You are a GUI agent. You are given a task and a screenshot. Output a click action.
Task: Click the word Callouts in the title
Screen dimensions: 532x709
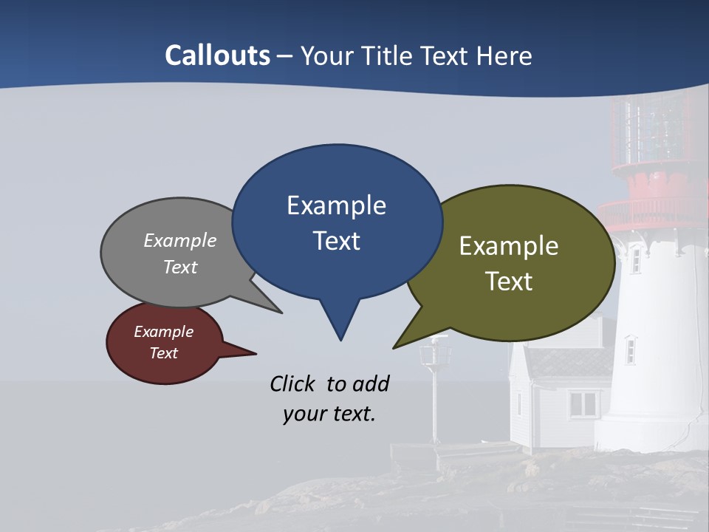(x=217, y=55)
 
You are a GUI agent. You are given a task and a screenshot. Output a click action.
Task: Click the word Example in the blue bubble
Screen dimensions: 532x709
(x=336, y=205)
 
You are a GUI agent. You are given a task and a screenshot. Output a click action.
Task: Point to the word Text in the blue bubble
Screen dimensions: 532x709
(x=336, y=241)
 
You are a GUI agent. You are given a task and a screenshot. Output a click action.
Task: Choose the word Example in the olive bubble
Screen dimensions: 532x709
(x=509, y=245)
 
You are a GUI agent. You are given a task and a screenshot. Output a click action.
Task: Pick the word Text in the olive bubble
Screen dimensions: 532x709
(x=509, y=281)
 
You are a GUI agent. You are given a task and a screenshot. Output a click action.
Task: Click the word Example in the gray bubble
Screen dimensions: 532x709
(x=180, y=240)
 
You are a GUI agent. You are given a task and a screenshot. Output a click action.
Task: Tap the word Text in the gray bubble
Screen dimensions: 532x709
(x=180, y=267)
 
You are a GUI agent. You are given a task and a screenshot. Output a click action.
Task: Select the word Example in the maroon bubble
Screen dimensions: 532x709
(x=163, y=332)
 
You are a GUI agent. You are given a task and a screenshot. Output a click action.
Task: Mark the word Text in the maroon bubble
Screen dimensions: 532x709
(x=163, y=353)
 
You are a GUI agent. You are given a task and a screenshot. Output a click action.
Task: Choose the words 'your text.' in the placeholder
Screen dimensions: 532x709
(x=329, y=414)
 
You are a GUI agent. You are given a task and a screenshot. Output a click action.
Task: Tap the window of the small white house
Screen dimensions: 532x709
(x=583, y=403)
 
